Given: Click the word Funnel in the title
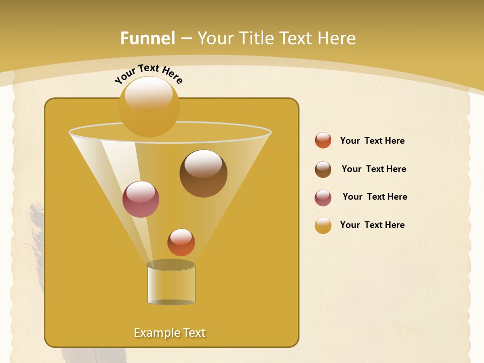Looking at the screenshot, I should click(x=148, y=38).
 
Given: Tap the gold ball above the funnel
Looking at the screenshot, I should click(x=149, y=106).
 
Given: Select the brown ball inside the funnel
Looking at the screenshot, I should click(x=203, y=173).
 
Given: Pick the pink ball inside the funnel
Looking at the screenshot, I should click(x=141, y=199).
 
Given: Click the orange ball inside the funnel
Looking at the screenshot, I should click(x=181, y=243).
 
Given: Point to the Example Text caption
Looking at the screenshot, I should click(x=170, y=333).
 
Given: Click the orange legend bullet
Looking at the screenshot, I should click(x=323, y=140).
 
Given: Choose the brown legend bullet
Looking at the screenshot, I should click(x=323, y=169).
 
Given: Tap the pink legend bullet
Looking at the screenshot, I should click(x=323, y=198).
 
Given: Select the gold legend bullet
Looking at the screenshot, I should click(x=323, y=225).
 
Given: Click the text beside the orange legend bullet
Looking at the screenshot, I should click(x=372, y=141).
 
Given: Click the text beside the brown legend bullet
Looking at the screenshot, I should click(x=374, y=169).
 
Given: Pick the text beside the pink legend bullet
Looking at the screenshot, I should click(x=375, y=197).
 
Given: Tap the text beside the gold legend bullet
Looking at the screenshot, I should click(x=372, y=225).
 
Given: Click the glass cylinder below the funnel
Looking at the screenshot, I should click(x=171, y=284).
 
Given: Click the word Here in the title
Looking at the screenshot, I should click(x=337, y=38).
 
